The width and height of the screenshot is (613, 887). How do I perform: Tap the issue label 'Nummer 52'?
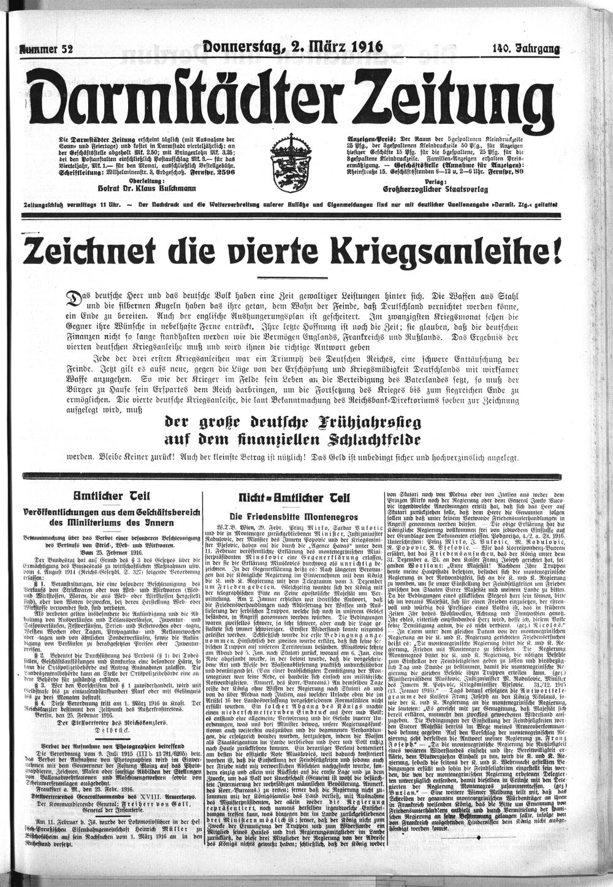point(47,50)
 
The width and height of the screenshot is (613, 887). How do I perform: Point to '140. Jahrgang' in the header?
point(525,50)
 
